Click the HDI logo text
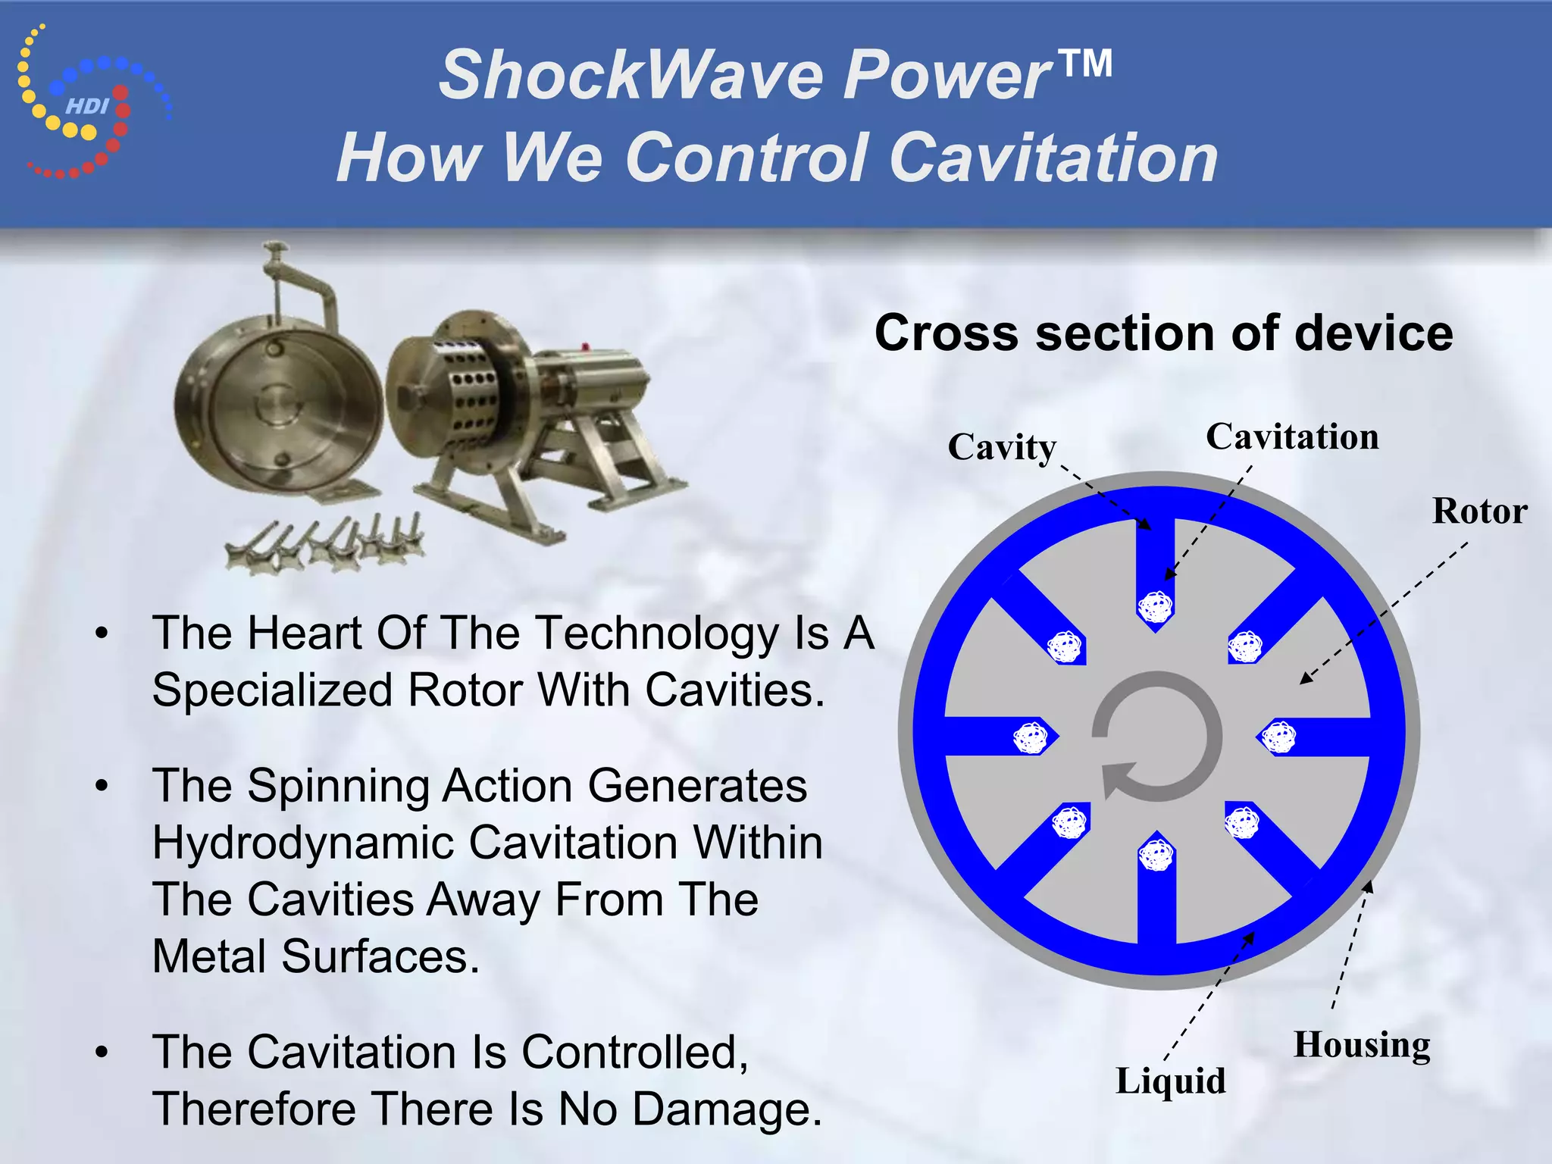tap(87, 106)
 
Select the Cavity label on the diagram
tap(1001, 446)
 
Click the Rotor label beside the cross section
tap(1478, 511)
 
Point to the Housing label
tap(1361, 1044)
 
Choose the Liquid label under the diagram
tap(1170, 1080)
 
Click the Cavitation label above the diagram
tap(1291, 436)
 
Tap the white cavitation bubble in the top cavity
tap(1156, 606)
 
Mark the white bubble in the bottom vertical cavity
tap(1156, 856)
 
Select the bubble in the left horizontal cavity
tap(1031, 737)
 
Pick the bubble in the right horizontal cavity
tap(1280, 737)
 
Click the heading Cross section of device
tap(1163, 333)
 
